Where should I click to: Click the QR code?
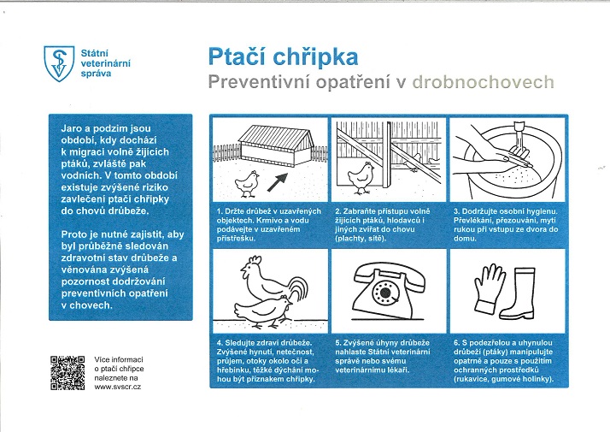coord(67,372)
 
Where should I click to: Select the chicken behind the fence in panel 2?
coord(364,175)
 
